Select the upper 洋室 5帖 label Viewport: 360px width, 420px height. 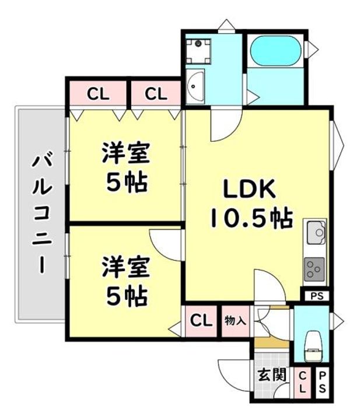point(126,169)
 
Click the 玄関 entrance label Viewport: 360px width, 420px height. point(271,374)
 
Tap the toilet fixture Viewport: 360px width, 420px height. point(314,344)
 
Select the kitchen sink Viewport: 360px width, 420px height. point(316,233)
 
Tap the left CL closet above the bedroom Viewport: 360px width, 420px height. point(98,93)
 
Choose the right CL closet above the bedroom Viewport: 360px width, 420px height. point(155,93)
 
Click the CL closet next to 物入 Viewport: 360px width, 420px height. point(201,320)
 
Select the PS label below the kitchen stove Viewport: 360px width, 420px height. point(316,296)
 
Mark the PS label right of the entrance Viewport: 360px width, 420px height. point(323,384)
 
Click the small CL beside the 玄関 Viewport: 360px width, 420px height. point(303,384)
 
